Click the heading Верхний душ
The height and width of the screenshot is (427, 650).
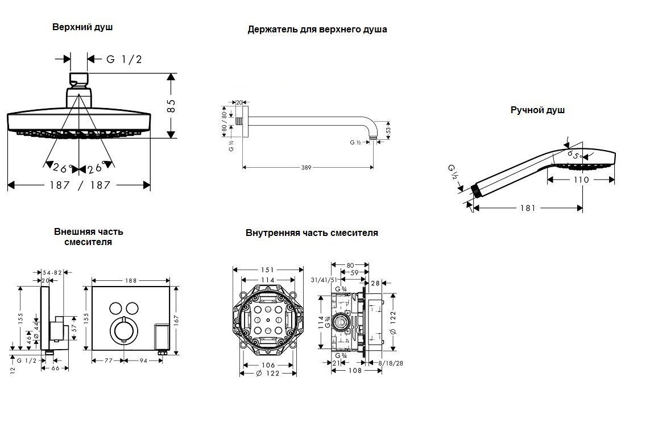pos(82,27)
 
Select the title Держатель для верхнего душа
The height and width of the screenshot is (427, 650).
pos(317,30)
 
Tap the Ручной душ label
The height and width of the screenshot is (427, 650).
pos(537,110)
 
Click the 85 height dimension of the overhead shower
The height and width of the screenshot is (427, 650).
pos(171,105)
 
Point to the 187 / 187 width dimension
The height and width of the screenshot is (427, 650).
pos(79,185)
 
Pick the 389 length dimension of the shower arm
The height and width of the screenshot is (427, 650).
pos(307,168)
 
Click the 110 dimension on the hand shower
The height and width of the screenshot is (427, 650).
pos(581,180)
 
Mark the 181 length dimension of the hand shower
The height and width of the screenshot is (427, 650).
pos(528,209)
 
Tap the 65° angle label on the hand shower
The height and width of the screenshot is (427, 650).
pos(574,155)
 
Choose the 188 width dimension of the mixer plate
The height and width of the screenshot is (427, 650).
pos(130,280)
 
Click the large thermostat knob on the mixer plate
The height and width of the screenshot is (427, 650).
pos(122,331)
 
